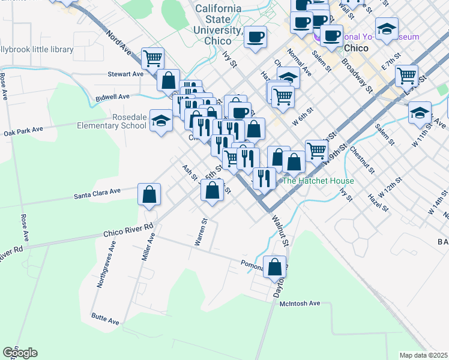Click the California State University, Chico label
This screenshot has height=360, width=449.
pos(218,25)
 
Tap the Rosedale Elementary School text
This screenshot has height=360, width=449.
pos(112,121)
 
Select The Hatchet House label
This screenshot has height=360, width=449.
pos(318,181)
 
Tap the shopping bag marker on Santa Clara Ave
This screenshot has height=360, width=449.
pos(149,194)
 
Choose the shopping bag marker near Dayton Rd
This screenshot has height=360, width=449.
pos(275,268)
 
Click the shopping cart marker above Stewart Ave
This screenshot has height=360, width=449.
pos(153,59)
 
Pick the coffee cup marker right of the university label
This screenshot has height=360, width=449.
pos(255,37)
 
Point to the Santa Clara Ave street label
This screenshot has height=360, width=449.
pos(97,193)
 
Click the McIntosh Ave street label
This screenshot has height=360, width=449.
pos(300,304)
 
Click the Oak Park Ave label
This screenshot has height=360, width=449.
pos(23,131)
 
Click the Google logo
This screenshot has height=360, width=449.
pos(20,352)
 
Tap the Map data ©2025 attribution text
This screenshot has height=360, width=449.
pos(423,355)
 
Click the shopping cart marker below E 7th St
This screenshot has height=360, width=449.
pos(407,76)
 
